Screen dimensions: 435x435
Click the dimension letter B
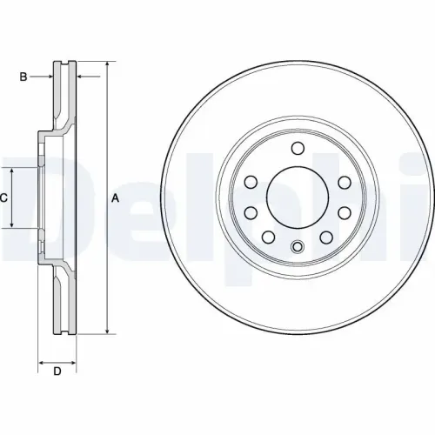(23, 77)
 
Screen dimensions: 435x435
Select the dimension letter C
(3, 197)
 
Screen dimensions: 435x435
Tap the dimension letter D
(57, 372)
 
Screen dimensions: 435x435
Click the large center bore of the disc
(296, 197)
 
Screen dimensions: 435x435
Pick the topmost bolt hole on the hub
(296, 147)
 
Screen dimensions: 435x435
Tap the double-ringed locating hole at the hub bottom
(296, 246)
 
